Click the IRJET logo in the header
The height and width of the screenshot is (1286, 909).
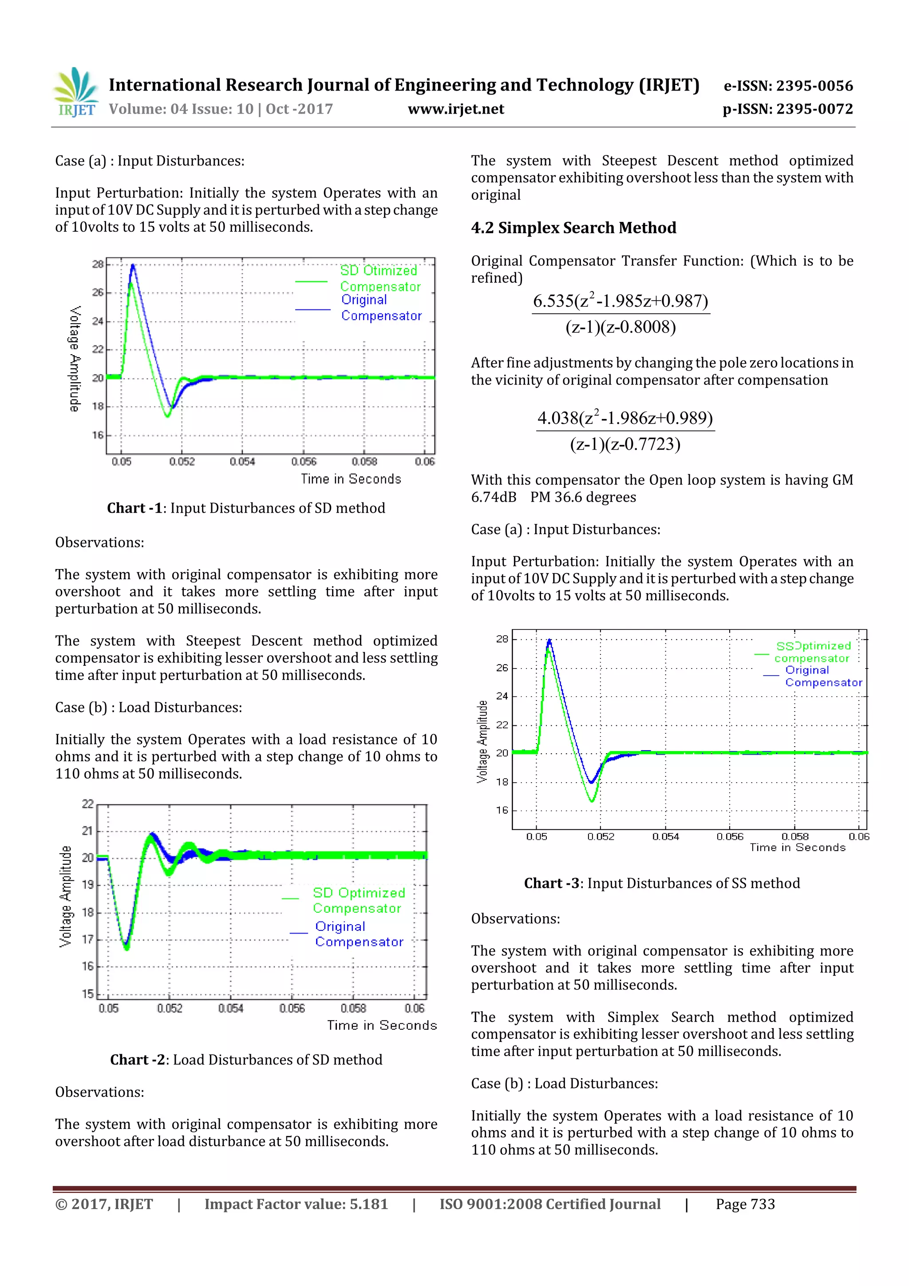[75, 92]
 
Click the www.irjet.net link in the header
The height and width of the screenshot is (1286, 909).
[455, 109]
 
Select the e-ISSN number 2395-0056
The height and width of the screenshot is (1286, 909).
[814, 86]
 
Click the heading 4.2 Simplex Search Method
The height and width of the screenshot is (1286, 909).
[573, 228]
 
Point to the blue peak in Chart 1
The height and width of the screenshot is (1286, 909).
[133, 265]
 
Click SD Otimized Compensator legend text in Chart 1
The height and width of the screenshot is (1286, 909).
[380, 278]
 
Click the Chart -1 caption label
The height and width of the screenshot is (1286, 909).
[134, 508]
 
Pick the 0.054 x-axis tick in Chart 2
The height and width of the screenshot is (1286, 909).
[230, 1008]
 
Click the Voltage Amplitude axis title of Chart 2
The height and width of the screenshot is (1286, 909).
[66, 896]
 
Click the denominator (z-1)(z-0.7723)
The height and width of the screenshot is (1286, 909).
[624, 444]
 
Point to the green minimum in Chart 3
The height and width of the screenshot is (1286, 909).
[592, 801]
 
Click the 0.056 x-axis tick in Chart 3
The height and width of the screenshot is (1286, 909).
[729, 836]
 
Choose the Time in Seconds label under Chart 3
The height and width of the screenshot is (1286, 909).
[797, 847]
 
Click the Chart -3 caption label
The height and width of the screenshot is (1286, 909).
[551, 883]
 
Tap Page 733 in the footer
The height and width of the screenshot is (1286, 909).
[745, 1204]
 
